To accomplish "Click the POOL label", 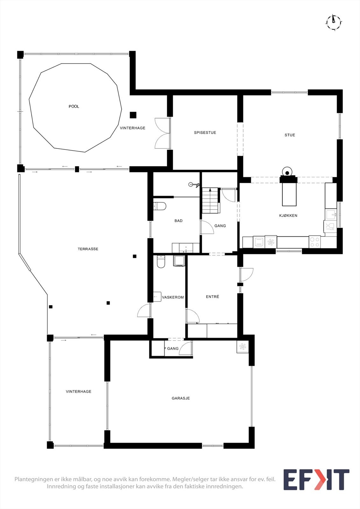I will click(x=74, y=106).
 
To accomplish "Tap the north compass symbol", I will click(x=334, y=22).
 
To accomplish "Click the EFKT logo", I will click(x=316, y=479).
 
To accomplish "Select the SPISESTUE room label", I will click(x=205, y=132).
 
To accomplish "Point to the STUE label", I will click(x=290, y=135).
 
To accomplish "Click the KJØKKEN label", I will click(x=288, y=215).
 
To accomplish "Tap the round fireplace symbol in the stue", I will click(x=287, y=172).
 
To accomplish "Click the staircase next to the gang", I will click(x=210, y=200).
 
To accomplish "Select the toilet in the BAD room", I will click(x=160, y=206).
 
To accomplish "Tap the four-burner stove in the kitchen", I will click(x=315, y=242).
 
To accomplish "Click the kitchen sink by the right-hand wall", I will click(x=331, y=214).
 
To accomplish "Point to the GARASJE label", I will click(x=181, y=398).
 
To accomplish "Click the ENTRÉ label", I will click(x=212, y=296).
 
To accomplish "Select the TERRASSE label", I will click(x=88, y=249).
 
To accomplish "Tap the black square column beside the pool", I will click(x=133, y=115).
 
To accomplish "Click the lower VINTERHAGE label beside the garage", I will click(x=79, y=391).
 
